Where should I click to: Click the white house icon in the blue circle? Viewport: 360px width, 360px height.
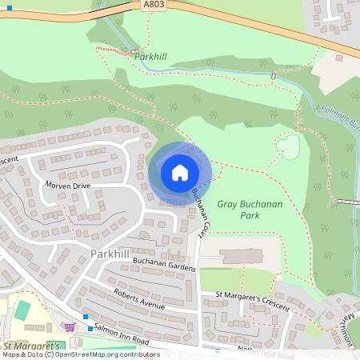[179, 172]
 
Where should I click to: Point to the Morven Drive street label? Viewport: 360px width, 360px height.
[70, 186]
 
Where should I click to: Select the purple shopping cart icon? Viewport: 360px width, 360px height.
[70, 326]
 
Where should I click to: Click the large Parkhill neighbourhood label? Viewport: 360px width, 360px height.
[110, 254]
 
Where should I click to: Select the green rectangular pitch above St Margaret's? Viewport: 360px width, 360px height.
[22, 310]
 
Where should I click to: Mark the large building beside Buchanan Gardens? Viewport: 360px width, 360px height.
[241, 257]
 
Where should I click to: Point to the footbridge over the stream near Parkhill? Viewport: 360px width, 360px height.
[273, 76]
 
